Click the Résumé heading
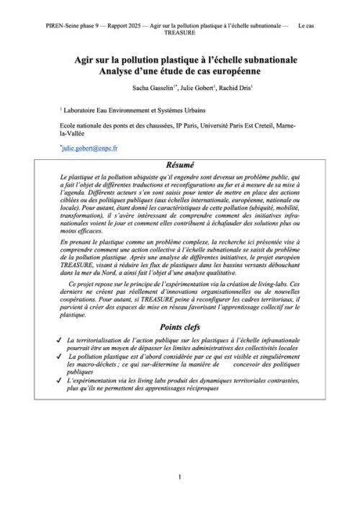coord(180,164)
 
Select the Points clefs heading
coord(180,326)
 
